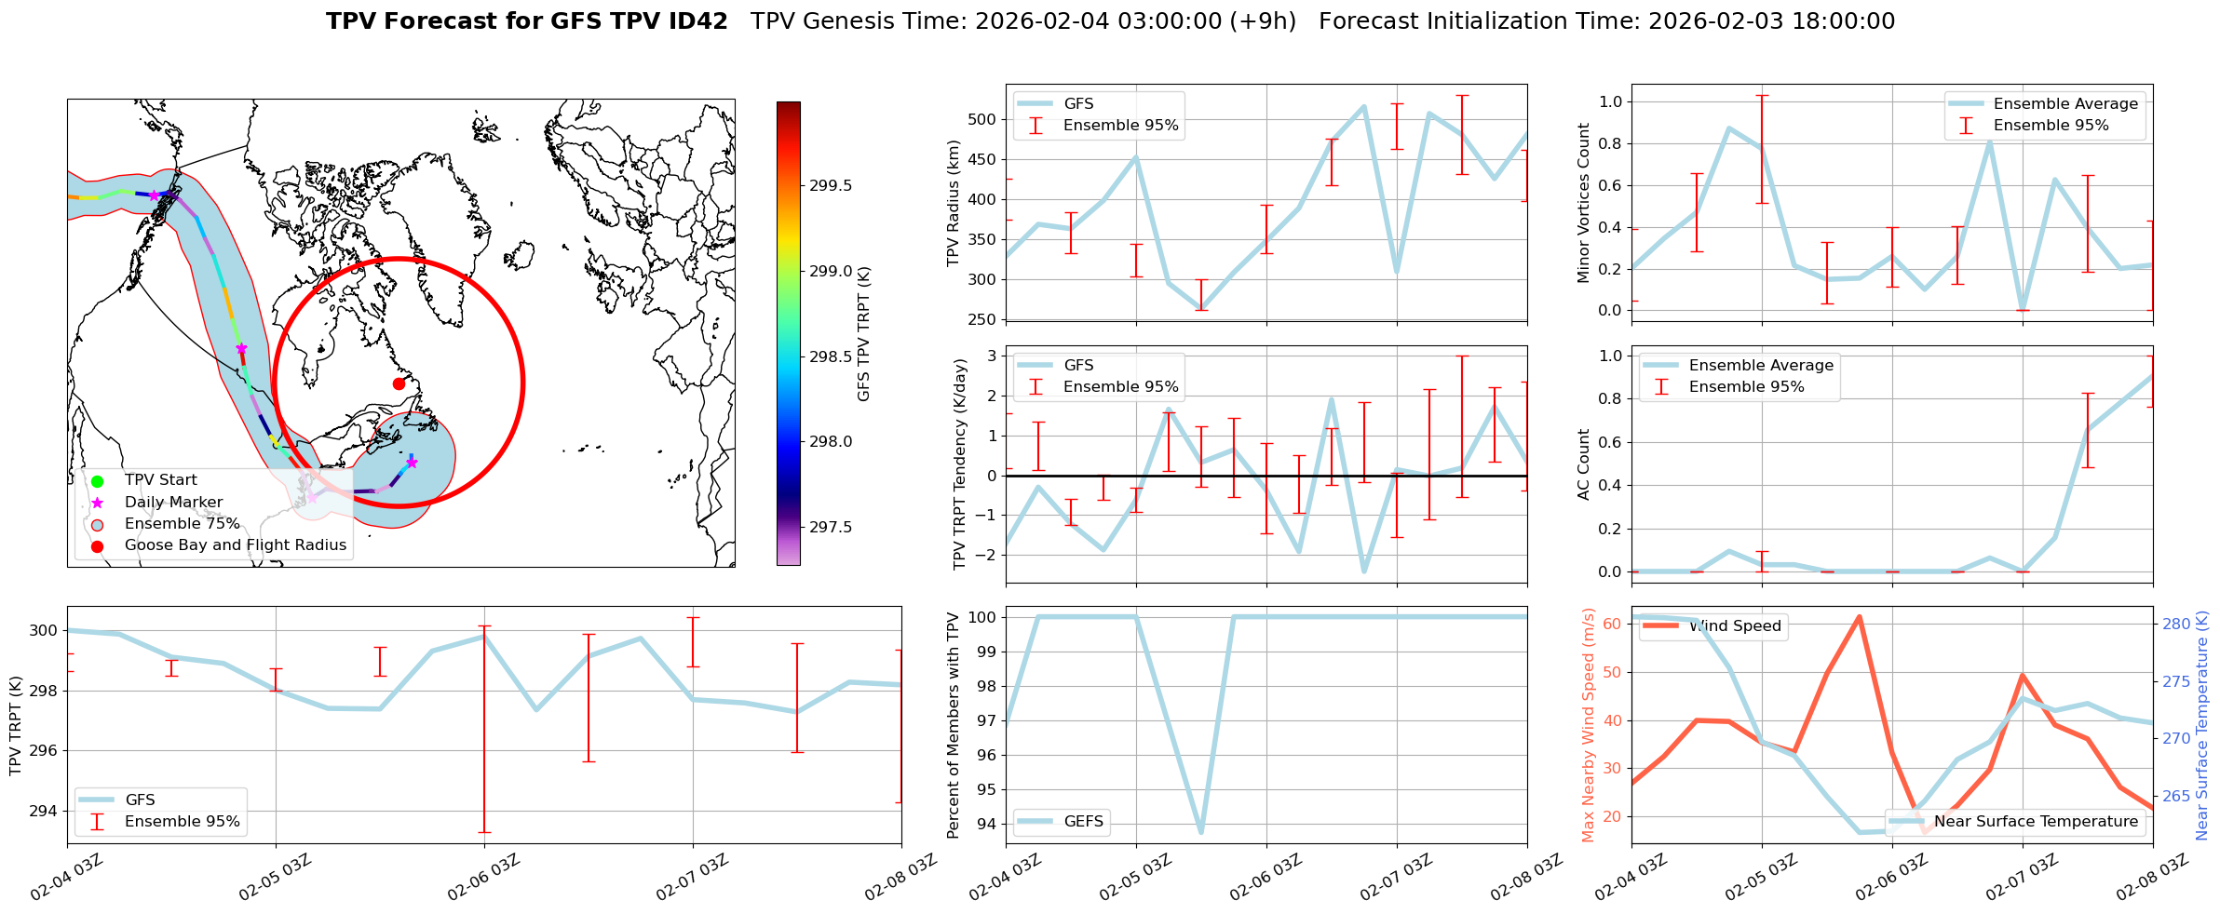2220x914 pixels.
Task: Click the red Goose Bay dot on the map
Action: (x=399, y=383)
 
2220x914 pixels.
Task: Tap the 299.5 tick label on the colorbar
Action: (x=830, y=186)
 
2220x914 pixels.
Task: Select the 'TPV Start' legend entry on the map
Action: (x=160, y=480)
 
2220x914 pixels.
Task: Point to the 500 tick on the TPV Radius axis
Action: (x=982, y=119)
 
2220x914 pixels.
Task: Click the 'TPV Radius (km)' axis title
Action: (x=953, y=203)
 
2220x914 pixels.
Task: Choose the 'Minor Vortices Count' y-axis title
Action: (x=1583, y=203)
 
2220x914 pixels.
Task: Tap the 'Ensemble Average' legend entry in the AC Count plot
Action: (x=1760, y=366)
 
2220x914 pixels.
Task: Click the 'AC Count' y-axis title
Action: (x=1583, y=464)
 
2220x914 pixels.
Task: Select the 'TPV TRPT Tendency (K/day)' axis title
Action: (x=960, y=464)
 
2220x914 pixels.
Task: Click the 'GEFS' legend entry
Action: (x=1083, y=821)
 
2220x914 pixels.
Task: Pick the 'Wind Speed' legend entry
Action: (x=1734, y=626)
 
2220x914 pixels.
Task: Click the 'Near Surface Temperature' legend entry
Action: (x=2036, y=821)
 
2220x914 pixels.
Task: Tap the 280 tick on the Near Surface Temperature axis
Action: (x=2176, y=625)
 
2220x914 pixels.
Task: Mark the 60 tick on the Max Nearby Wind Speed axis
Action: (x=1613, y=624)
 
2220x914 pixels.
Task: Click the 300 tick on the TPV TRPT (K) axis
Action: (x=43, y=631)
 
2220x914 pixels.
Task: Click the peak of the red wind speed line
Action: (x=1859, y=616)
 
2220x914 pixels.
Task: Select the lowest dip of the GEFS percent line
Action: (x=1201, y=831)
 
